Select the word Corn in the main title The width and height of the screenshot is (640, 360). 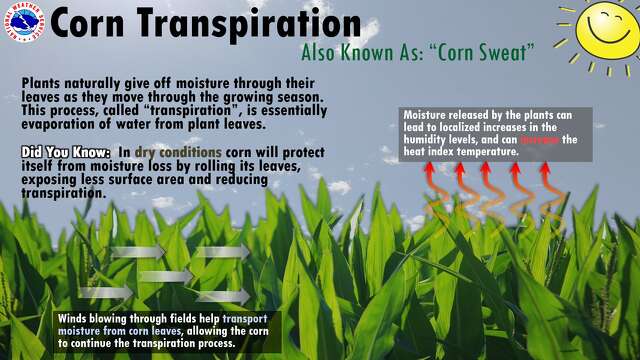pos(93,24)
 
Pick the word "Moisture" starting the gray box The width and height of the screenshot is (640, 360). pos(426,114)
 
